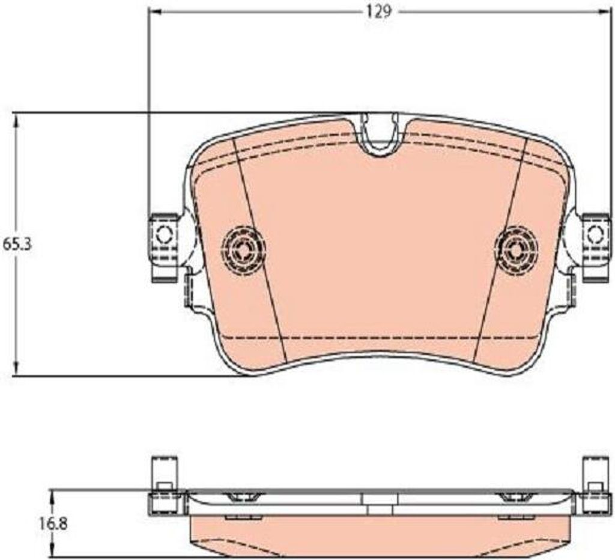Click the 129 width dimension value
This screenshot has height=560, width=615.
pos(379,12)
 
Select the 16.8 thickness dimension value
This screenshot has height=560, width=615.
pos(53,523)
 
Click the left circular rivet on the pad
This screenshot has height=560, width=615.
pos(243,248)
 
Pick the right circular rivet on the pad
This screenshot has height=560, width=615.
pos(516,248)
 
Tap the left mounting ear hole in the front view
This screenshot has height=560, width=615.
pos(165,235)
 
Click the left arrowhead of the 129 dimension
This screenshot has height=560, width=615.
pos(156,13)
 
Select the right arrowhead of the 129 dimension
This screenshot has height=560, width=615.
pos(603,13)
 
